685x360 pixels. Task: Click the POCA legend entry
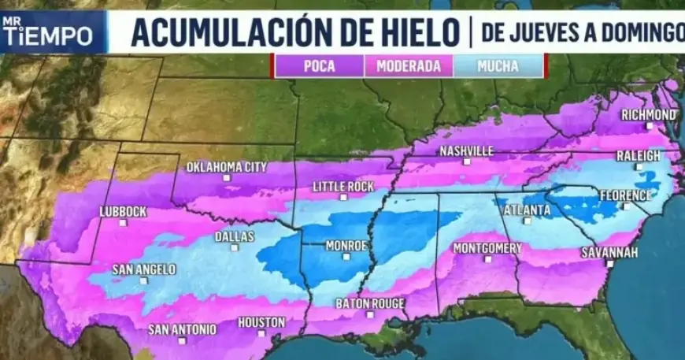pos(319,66)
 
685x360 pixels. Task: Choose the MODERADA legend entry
pos(408,66)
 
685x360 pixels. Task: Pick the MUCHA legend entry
pos(498,66)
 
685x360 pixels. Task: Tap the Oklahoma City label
pos(227,167)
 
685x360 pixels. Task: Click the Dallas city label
pos(234,236)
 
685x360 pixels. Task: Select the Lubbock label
pos(123,211)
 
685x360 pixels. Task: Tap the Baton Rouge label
pos(370,303)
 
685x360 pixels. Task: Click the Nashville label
pos(467,150)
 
